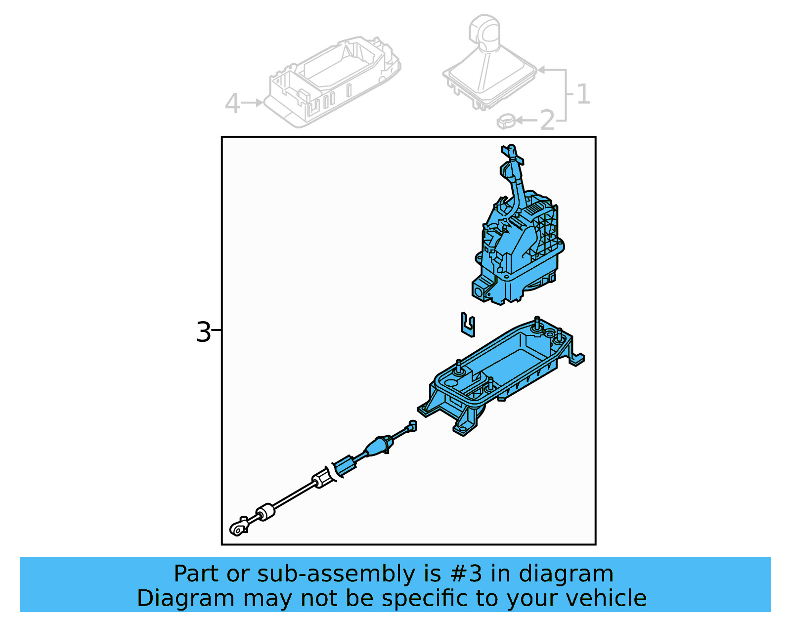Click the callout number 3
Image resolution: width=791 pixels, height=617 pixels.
pos(203,332)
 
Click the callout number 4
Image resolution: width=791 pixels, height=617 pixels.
pos(232,104)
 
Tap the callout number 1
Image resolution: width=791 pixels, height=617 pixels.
pos(583,94)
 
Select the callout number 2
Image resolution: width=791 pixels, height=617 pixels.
pos(547,121)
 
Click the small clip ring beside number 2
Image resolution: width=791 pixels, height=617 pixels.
pos(506,120)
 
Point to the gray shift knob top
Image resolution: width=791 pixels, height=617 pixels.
pos(485,29)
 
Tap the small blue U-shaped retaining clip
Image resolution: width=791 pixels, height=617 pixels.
pos(468,325)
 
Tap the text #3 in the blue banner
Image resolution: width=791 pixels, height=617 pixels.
pos(466,574)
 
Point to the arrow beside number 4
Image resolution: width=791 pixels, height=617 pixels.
pos(253,103)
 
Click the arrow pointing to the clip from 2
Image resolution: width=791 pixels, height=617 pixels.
pos(527,120)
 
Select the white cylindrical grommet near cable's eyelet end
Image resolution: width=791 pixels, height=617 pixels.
pos(265,512)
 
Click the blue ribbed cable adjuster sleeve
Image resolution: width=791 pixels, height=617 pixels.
pos(345,466)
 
